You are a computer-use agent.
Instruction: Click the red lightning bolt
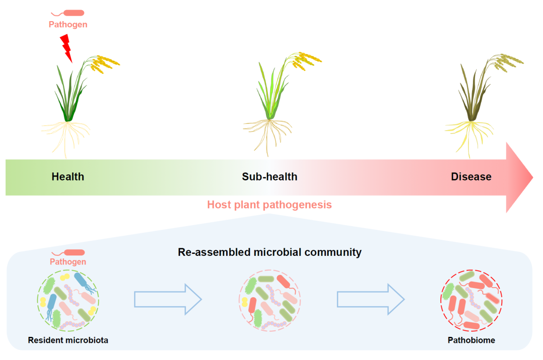click(66, 47)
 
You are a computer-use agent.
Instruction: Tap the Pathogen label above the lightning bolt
click(68, 24)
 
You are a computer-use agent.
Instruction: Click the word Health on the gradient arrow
click(68, 176)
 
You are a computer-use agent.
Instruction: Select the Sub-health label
click(269, 176)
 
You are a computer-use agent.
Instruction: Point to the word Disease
click(471, 176)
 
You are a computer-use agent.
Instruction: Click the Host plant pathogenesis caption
click(269, 205)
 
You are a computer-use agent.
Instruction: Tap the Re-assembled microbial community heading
click(269, 252)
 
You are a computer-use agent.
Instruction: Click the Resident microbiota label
click(68, 340)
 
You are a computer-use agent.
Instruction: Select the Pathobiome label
click(471, 340)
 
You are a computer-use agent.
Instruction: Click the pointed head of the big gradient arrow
click(520, 177)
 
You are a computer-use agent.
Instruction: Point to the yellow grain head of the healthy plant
click(106, 62)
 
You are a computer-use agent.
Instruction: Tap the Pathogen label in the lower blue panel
click(68, 261)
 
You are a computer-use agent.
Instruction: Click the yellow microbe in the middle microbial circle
click(245, 301)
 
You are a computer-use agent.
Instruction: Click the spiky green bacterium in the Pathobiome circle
click(448, 292)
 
